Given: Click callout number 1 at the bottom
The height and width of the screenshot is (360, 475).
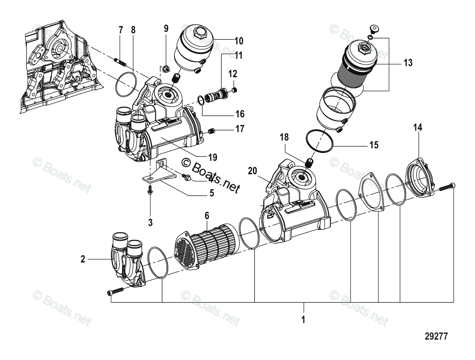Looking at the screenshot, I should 303,319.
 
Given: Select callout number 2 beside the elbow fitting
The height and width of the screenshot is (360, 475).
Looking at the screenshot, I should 83,259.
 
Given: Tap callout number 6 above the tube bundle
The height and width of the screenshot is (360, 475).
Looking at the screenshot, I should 207,216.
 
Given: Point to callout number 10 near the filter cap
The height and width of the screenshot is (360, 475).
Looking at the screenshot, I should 239,41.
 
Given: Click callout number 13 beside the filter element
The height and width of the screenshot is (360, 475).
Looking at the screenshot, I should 407,63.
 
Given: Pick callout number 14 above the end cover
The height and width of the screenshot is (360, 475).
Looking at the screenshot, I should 418,128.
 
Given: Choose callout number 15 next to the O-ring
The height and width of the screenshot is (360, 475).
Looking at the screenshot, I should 374,145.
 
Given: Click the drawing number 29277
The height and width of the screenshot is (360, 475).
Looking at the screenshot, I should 436,337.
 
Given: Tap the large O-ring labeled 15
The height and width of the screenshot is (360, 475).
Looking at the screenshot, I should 319,141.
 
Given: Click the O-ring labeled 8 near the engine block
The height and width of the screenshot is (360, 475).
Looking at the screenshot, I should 124,85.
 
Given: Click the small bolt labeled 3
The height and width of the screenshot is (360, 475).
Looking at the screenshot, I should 150,190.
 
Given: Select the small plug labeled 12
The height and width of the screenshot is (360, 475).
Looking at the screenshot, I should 234,89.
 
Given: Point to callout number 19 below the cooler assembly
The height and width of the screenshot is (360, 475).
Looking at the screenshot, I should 212,157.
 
